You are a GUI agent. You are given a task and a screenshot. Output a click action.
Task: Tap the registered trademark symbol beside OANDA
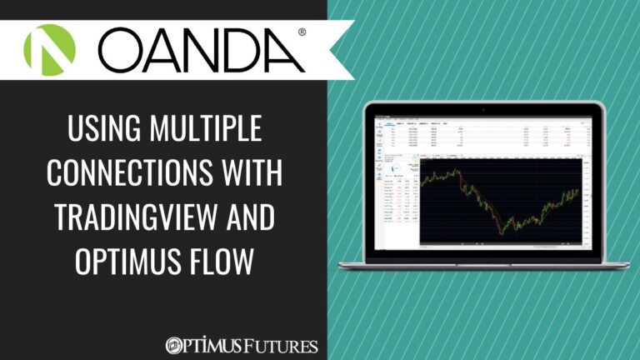[x=301, y=32]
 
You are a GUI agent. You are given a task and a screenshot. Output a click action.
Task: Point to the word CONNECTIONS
[x=132, y=175]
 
